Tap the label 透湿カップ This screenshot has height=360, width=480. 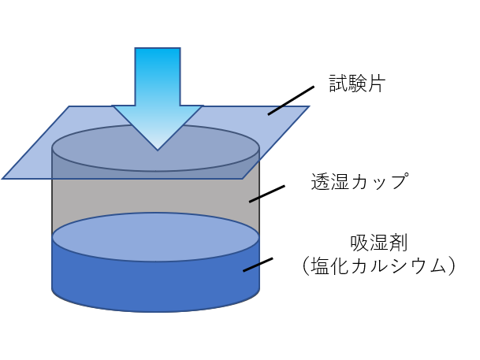coord(359,182)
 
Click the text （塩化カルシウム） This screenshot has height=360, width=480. coord(378,266)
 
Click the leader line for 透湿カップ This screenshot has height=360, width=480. coord(266,193)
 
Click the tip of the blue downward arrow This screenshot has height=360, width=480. coord(158,148)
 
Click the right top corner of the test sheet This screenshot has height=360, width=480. coord(307,107)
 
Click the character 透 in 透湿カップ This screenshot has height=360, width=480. coord(322,182)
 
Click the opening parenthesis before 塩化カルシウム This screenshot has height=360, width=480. coord(307,266)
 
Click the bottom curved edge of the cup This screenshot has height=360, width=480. coord(156,310)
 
